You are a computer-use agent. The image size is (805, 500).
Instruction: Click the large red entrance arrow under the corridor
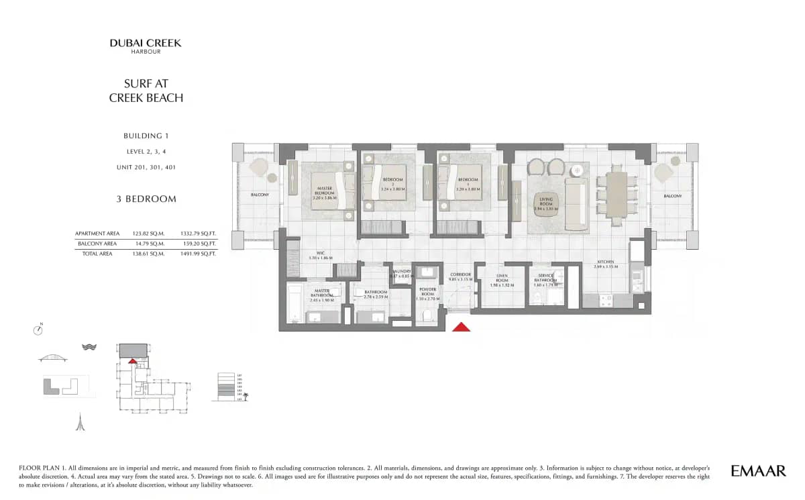point(461,327)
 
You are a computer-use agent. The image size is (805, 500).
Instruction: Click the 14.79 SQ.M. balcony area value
point(148,244)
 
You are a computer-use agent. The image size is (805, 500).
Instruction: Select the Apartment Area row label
point(97,234)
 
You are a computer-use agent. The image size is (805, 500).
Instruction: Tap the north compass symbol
point(39,330)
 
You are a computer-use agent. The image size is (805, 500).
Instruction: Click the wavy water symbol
point(89,347)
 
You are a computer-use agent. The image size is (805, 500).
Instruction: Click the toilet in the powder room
point(427,315)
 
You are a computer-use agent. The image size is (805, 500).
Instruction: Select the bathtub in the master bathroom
point(294,303)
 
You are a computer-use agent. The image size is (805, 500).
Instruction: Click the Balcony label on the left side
point(260,195)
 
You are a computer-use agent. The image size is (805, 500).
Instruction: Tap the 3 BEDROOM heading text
point(146,199)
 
